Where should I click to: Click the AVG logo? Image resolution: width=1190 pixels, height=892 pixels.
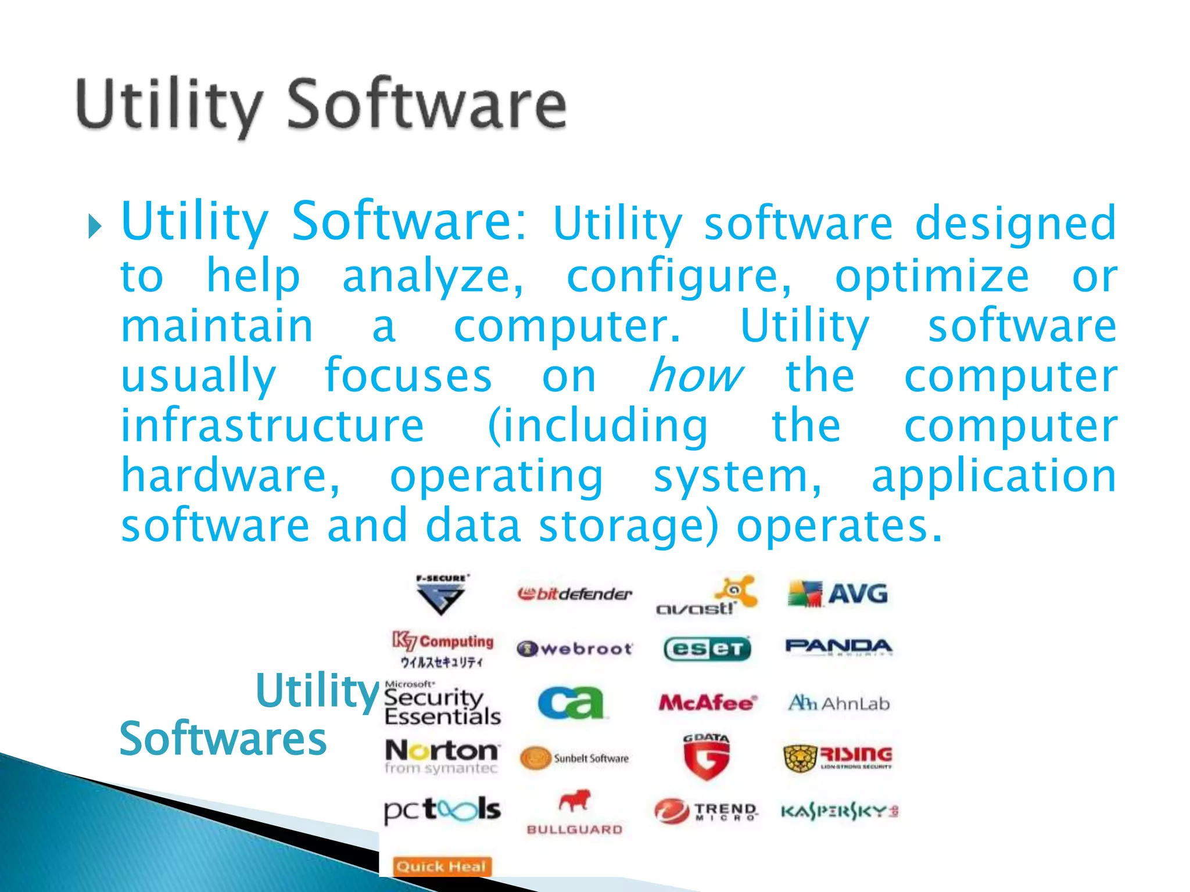pyautogui.click(x=838, y=594)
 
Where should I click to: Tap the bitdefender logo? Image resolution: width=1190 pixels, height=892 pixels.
pyautogui.click(x=574, y=594)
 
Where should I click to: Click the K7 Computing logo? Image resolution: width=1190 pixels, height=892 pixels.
pyautogui.click(x=443, y=648)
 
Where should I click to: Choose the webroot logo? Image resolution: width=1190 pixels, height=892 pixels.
pyautogui.click(x=574, y=648)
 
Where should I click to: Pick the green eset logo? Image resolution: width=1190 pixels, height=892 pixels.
pyautogui.click(x=707, y=649)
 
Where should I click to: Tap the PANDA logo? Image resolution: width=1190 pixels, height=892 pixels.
pyautogui.click(x=838, y=646)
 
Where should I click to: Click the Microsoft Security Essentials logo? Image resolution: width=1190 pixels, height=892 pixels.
pyautogui.click(x=442, y=704)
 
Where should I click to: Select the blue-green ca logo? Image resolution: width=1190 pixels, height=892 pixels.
pyautogui.click(x=571, y=703)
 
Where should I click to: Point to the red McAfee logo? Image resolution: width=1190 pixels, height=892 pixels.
pyautogui.click(x=707, y=703)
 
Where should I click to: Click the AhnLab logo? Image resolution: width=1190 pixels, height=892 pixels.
pyautogui.click(x=838, y=704)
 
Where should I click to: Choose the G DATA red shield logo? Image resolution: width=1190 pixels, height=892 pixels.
pyautogui.click(x=706, y=757)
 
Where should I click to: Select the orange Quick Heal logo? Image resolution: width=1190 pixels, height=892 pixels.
pyautogui.click(x=442, y=866)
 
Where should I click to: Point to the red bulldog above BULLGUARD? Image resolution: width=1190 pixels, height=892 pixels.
pyautogui.click(x=574, y=801)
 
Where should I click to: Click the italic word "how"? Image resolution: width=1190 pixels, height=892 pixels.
pyautogui.click(x=694, y=376)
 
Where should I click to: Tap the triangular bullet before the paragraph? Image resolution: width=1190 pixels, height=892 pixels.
pyautogui.click(x=94, y=227)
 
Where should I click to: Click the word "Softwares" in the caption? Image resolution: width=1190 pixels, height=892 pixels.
pyautogui.click(x=223, y=739)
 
